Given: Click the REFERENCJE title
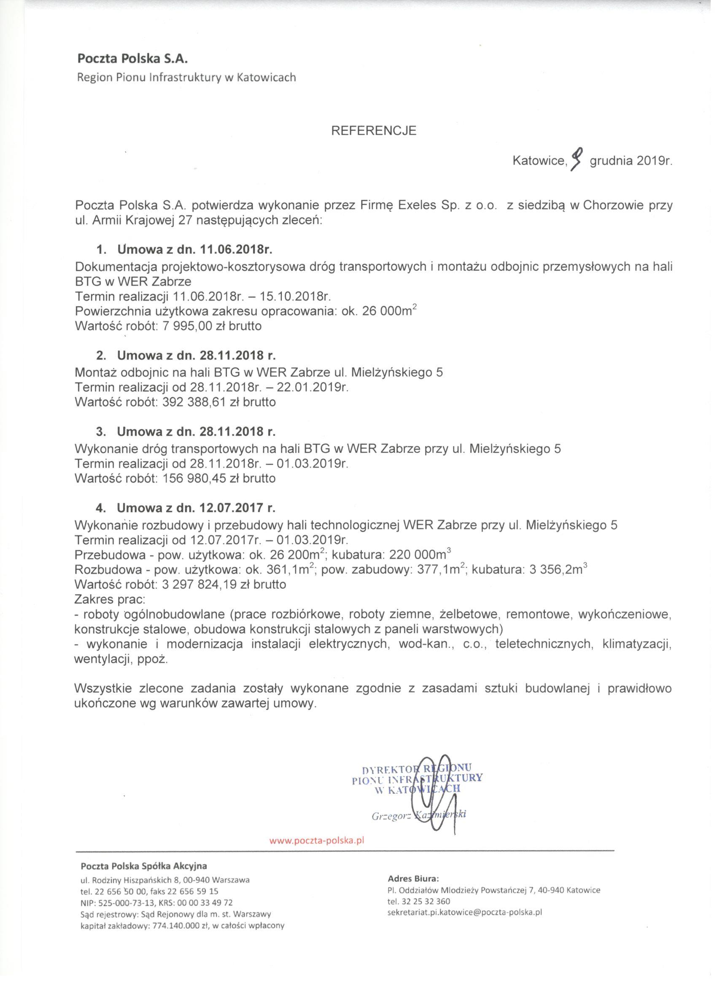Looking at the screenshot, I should pyautogui.click(x=374, y=131).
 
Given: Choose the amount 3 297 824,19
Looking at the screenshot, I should pyautogui.click(x=204, y=584).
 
